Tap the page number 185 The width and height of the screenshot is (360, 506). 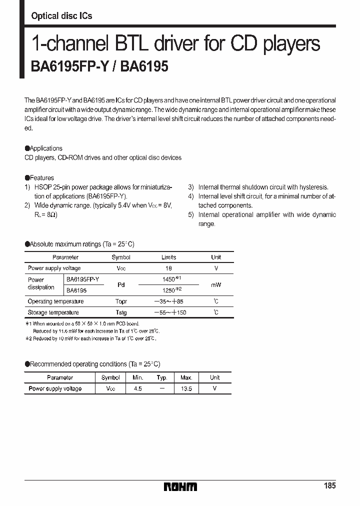click(329, 486)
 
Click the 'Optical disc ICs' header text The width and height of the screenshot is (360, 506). click(61, 16)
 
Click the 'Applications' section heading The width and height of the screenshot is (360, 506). click(45, 148)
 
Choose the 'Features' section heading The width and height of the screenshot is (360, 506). click(41, 178)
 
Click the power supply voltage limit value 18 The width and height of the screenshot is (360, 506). click(168, 268)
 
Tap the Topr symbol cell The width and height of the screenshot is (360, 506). click(121, 301)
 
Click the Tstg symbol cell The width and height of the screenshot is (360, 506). click(121, 312)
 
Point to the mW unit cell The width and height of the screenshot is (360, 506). click(216, 284)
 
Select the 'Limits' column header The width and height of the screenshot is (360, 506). click(168, 257)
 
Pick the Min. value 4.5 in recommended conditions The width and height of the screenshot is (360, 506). click(138, 388)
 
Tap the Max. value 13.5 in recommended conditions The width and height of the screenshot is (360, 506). click(186, 388)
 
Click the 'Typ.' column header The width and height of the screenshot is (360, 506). click(161, 378)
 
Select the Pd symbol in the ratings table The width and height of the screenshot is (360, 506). click(121, 285)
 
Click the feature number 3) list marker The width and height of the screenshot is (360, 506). click(191, 187)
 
